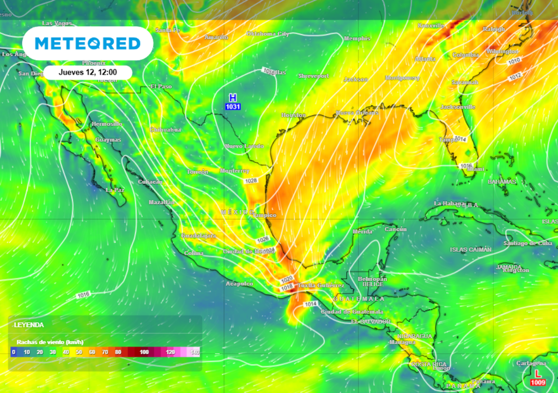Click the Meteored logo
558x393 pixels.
click(88, 43)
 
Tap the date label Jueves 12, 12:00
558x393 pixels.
click(88, 72)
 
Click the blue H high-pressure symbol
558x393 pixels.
click(233, 98)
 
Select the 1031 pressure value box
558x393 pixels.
click(233, 106)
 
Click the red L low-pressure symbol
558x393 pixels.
click(538, 373)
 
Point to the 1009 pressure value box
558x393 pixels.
click(538, 383)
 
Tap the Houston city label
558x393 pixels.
click(293, 115)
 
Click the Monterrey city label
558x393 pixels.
click(235, 171)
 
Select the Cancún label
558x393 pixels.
click(396, 229)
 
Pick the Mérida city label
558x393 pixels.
click(363, 231)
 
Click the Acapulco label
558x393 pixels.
click(239, 284)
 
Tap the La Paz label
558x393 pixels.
click(115, 190)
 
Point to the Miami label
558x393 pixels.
click(475, 169)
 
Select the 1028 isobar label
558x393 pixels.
click(251, 181)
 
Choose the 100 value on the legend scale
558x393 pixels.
click(144, 353)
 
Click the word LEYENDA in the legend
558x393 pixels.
click(29, 325)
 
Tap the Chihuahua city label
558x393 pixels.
click(165, 130)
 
